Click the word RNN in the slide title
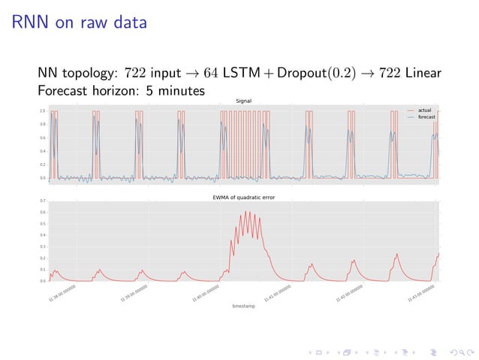[x=32, y=24]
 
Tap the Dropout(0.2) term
[x=321, y=75]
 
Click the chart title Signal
[x=243, y=101]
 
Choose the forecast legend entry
[x=426, y=116]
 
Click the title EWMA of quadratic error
[x=243, y=197]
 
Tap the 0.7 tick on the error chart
[x=44, y=201]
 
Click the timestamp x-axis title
[x=243, y=306]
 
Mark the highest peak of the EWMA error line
[x=248, y=212]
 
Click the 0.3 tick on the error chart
[x=44, y=247]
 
